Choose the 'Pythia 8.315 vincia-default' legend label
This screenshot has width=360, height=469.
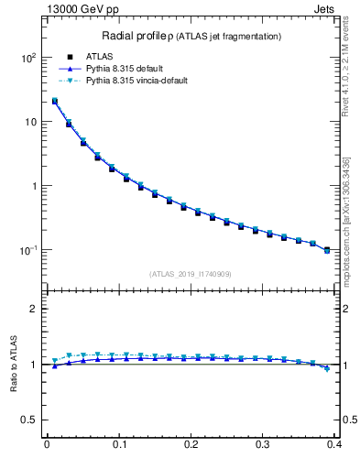pyautogui.click(x=137, y=81)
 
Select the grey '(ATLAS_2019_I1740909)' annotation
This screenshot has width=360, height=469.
pyautogui.click(x=191, y=274)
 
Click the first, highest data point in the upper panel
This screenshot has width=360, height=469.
pyautogui.click(x=55, y=102)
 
